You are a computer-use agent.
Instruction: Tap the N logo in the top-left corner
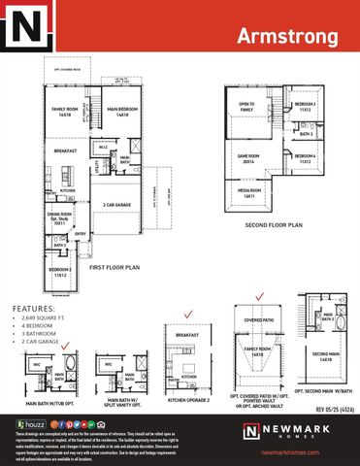[x=27, y=27]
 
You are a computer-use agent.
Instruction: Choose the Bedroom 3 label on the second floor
[x=305, y=106]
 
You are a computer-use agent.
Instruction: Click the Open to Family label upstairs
[x=245, y=106]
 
